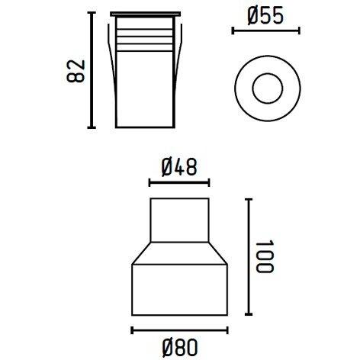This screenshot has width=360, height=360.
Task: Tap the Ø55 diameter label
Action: click(x=265, y=16)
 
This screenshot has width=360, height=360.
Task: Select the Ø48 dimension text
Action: click(x=178, y=165)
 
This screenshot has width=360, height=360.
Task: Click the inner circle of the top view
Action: click(x=265, y=83)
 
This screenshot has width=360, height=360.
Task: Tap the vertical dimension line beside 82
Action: click(x=92, y=70)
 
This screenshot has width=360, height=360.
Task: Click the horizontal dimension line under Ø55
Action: click(x=265, y=31)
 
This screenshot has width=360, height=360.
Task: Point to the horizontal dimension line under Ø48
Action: click(x=178, y=182)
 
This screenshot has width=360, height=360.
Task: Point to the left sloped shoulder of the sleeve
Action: click(x=140, y=254)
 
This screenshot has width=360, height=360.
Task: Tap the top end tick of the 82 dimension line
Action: click(x=92, y=13)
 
